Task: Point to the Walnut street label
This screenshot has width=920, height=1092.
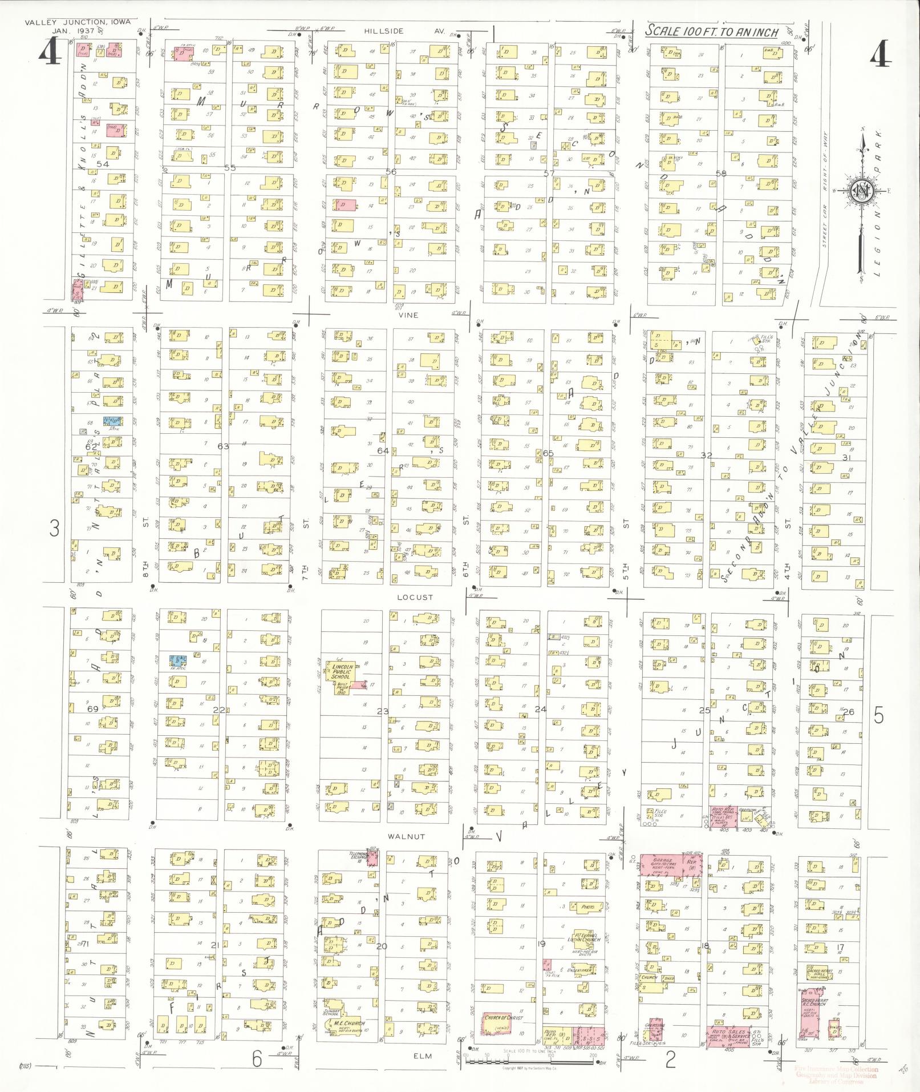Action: tap(407, 836)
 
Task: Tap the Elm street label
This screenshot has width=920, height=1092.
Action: tap(423, 1056)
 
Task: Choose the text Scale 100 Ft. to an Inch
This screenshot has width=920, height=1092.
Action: tap(712, 31)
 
